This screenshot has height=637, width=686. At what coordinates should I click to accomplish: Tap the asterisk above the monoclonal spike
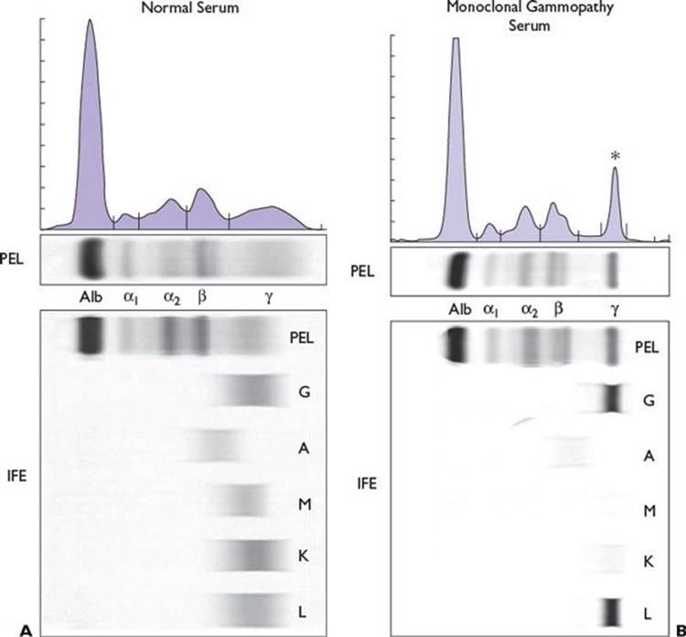pos(615,157)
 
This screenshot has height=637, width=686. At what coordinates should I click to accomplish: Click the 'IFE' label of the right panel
pos(369,477)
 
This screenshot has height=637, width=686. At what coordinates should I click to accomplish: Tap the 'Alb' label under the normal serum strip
pos(91,297)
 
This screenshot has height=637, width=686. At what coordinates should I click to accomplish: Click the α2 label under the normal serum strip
pos(171,297)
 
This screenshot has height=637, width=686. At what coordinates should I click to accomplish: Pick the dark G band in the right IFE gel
pos(613,399)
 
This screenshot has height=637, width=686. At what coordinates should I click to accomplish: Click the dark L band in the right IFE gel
pos(613,610)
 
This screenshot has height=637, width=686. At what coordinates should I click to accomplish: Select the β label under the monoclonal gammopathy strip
pos(559,309)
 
